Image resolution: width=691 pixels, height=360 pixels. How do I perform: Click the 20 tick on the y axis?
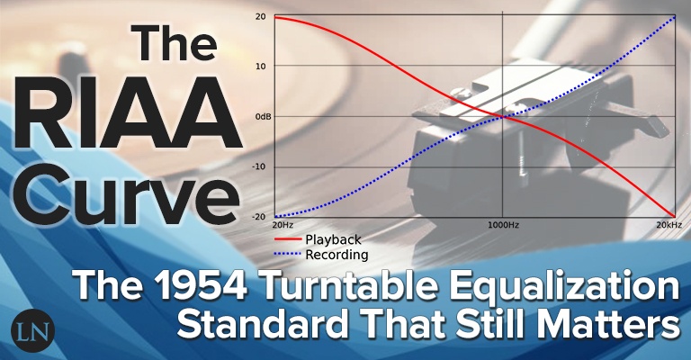click(260, 17)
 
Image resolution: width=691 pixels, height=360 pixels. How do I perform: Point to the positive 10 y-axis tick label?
click(260, 67)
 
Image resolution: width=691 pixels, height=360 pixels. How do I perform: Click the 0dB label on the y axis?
click(258, 117)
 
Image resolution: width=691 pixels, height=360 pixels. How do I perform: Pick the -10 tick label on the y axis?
click(259, 166)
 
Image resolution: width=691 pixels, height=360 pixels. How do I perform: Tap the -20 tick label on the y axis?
click(259, 217)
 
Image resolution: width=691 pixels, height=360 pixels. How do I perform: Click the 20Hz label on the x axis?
click(283, 225)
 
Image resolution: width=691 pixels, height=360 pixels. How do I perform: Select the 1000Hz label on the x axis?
click(502, 225)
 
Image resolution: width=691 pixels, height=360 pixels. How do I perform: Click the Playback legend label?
click(333, 239)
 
